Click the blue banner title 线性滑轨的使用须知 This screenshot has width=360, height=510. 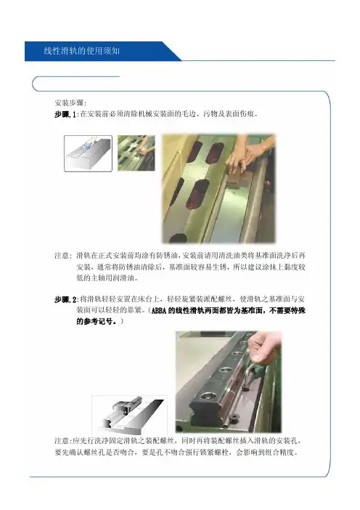click(x=82, y=51)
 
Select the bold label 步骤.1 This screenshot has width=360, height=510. click(x=66, y=115)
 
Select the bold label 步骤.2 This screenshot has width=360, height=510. click(x=66, y=299)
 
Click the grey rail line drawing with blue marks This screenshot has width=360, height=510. click(x=88, y=153)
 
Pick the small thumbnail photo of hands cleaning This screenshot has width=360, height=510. click(x=136, y=153)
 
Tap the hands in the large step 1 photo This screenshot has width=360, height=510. click(x=250, y=153)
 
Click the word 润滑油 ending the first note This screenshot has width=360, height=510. click(x=128, y=278)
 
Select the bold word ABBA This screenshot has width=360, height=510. click(x=159, y=311)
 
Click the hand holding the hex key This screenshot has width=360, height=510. click(x=265, y=349)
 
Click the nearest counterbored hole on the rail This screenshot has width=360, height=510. click(x=207, y=396)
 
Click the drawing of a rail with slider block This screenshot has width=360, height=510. click(x=129, y=415)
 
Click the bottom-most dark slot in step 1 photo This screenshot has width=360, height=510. click(x=178, y=239)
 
